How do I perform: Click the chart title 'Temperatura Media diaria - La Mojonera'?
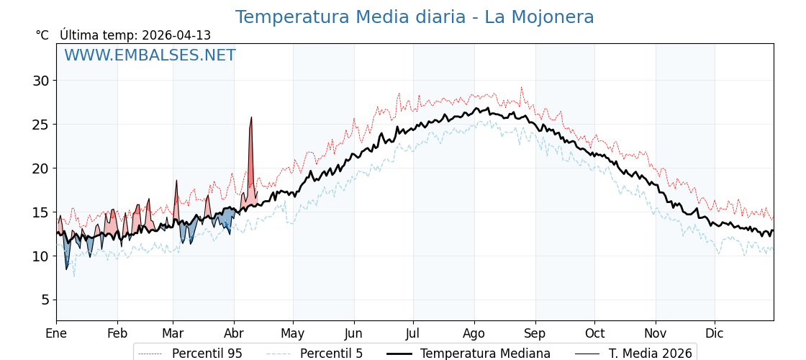pos(415,17)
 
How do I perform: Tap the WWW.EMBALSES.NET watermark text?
pos(150,55)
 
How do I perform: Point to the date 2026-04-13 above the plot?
pos(176,35)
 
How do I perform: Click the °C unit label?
pos(42,35)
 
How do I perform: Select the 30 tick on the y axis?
pos(40,81)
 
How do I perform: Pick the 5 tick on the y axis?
pos(45,300)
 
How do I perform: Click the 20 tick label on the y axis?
pos(40,168)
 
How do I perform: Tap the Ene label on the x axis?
pos(56,333)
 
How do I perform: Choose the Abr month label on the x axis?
pos(234,333)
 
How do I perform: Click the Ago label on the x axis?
pos(474,333)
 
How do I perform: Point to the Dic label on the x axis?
pos(715,333)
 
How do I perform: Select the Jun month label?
pos(353,333)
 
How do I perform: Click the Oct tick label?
pos(594,333)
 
